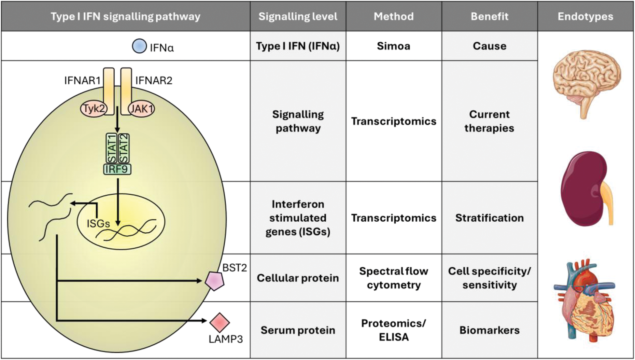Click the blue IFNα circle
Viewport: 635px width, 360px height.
click(139, 46)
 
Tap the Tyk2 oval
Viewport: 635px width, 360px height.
click(94, 109)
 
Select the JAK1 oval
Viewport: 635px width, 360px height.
click(141, 109)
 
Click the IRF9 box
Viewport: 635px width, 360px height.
click(117, 169)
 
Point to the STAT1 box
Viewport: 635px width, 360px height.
click(112, 148)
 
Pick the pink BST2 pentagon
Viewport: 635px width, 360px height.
click(215, 281)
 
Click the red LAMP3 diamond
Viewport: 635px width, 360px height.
click(219, 322)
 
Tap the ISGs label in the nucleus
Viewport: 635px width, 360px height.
click(98, 224)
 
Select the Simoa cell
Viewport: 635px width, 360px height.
click(394, 46)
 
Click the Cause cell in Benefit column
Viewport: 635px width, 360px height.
click(489, 46)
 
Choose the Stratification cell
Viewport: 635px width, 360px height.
click(489, 218)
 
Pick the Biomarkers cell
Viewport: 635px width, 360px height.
click(489, 330)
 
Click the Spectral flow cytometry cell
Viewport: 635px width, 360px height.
click(394, 278)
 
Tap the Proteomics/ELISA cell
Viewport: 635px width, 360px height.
click(394, 330)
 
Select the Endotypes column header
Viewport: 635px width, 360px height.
click(586, 16)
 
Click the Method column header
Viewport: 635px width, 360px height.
click(394, 16)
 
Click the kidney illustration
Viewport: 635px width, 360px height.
click(586, 189)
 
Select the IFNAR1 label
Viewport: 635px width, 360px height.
click(82, 80)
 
